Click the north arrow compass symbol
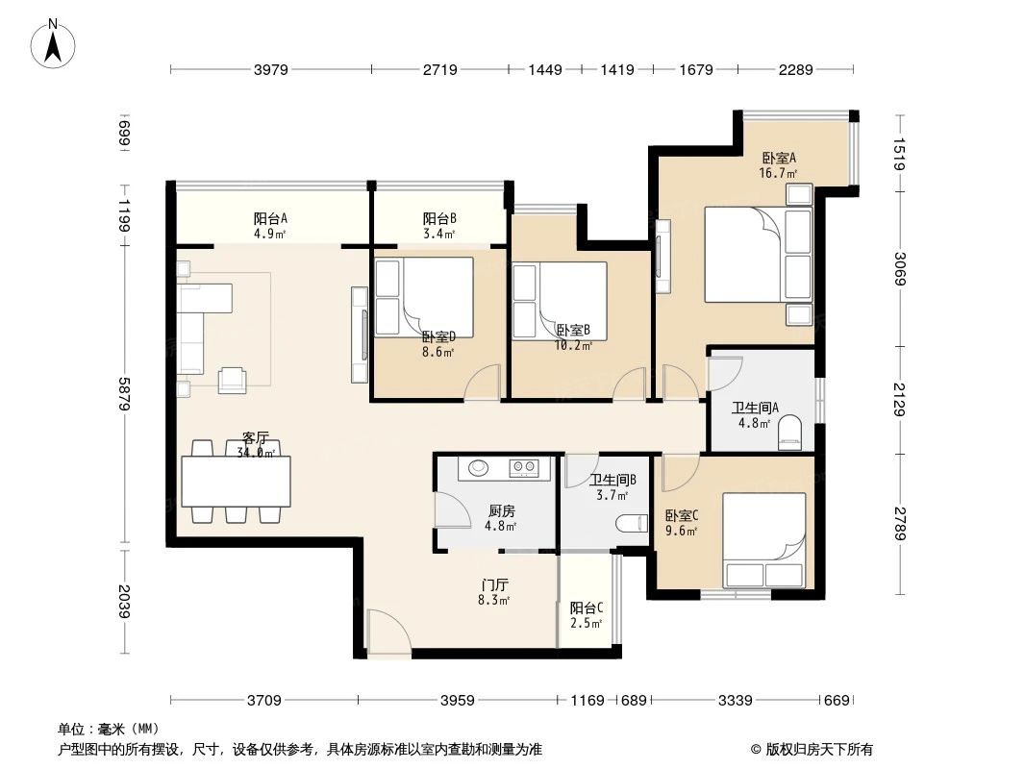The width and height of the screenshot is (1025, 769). pyautogui.click(x=55, y=43)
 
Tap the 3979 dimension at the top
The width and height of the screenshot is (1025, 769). pyautogui.click(x=272, y=69)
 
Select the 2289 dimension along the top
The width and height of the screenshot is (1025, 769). pyautogui.click(x=796, y=69)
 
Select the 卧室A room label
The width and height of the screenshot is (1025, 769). pyautogui.click(x=779, y=159)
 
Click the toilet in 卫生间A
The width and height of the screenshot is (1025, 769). pyautogui.click(x=788, y=432)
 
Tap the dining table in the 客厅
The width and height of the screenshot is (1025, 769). pyautogui.click(x=236, y=482)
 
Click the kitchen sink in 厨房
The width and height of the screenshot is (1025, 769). pyautogui.click(x=477, y=469)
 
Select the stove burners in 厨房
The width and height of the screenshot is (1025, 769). pyautogui.click(x=523, y=469)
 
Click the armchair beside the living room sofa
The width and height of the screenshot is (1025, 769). pyautogui.click(x=233, y=380)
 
